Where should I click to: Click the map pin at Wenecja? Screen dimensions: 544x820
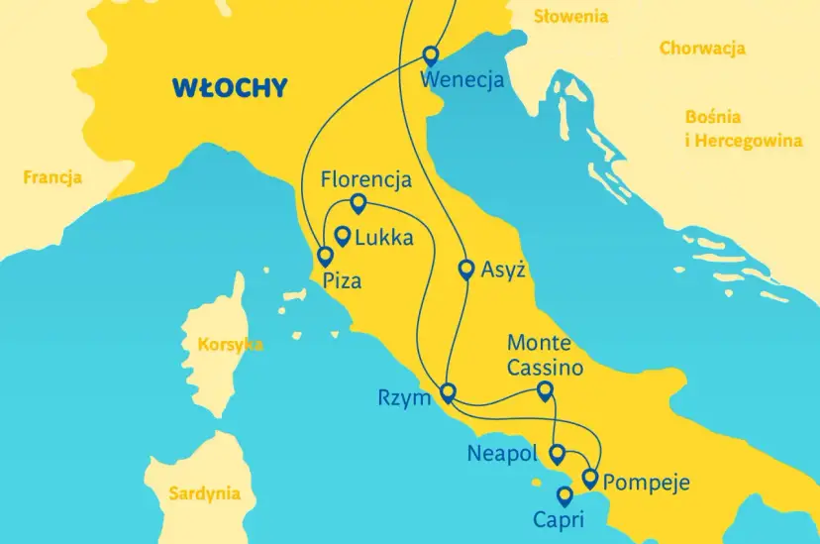(x=431, y=54)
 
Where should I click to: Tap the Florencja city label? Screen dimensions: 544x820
(x=365, y=179)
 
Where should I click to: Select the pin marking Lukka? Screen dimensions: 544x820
(x=343, y=236)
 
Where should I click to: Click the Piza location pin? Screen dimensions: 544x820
(x=324, y=255)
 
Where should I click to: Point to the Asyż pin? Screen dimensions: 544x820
(x=466, y=268)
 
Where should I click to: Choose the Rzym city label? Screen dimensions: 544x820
(x=404, y=398)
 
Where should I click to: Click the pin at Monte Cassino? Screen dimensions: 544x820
(x=544, y=391)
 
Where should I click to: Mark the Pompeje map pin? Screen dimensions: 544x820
(x=590, y=479)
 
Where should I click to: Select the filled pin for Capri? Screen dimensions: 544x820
(x=564, y=494)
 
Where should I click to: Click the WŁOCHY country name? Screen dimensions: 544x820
(x=229, y=87)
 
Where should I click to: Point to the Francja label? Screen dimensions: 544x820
(x=52, y=179)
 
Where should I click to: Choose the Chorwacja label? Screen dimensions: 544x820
(x=702, y=49)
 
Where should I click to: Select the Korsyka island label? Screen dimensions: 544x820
(x=230, y=345)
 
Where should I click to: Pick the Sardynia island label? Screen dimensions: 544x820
(x=204, y=492)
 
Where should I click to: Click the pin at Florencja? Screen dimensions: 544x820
(x=359, y=202)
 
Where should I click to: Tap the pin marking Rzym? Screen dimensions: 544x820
(x=448, y=391)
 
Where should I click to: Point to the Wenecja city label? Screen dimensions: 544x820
(x=462, y=79)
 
